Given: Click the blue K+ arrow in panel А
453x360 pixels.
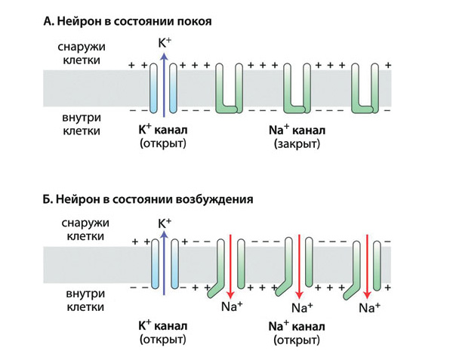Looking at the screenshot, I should click(x=163, y=87).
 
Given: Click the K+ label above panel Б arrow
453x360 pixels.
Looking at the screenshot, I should click(x=164, y=223).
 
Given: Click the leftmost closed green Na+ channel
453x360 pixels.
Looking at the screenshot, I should click(x=231, y=89).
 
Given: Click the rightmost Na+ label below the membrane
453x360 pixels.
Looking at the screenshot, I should click(x=369, y=308).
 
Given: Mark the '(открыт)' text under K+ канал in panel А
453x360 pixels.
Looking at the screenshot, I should click(x=163, y=143).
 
